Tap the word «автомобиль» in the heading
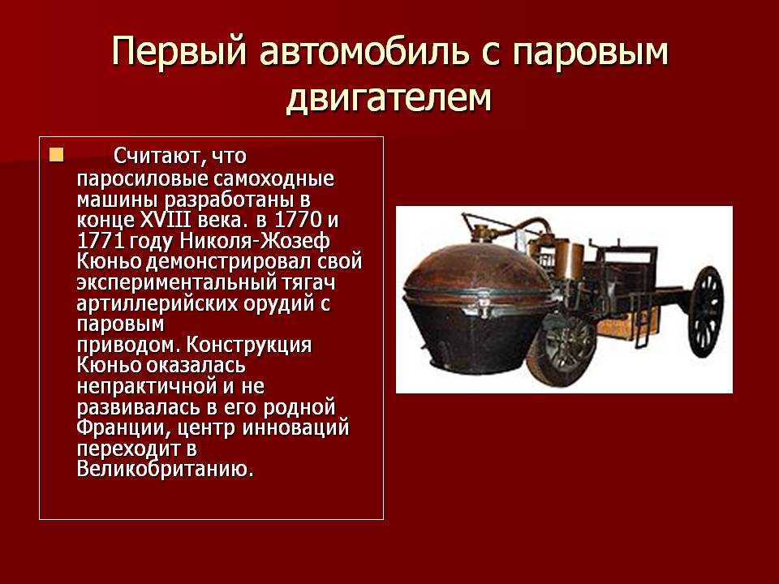coord(364,50)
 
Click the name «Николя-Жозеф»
coord(254,241)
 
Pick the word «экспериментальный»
coord(176,282)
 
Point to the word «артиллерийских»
coord(157,303)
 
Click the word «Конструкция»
coord(249,345)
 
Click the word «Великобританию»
coord(165,469)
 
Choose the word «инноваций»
coord(295,427)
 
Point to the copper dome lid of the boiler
coord(477,271)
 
